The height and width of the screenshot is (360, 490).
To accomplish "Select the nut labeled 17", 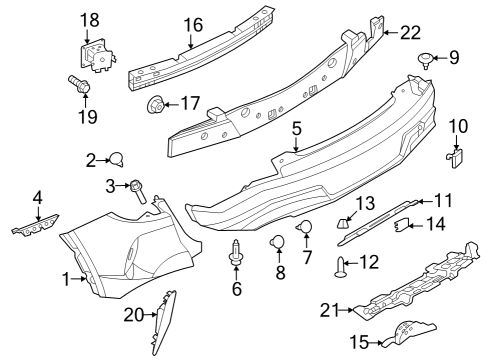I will coord(156,103).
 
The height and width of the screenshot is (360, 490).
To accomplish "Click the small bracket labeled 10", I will coord(455,156).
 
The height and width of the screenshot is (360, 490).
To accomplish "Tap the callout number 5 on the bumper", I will coord(297,130).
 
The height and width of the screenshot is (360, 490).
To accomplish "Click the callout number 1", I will coord(67,279).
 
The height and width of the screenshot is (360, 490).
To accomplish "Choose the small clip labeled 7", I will coord(307,230).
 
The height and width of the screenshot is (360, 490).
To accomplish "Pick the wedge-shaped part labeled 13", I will coord(345,223).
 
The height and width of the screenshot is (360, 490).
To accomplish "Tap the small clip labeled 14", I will coord(402,225).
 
